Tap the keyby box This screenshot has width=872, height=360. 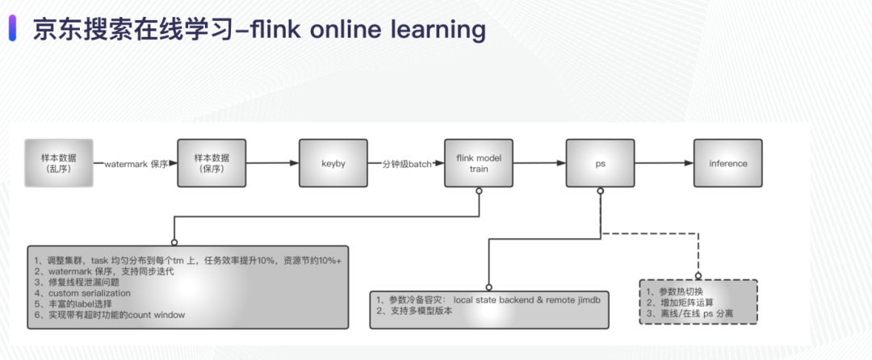click(333, 163)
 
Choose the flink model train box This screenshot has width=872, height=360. click(479, 163)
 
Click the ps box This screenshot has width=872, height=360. click(600, 163)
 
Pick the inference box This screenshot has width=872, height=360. click(727, 163)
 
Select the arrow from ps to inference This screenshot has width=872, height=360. click(664, 163)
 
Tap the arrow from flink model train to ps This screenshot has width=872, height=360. click(539, 163)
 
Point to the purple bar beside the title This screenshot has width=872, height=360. click(13, 29)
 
